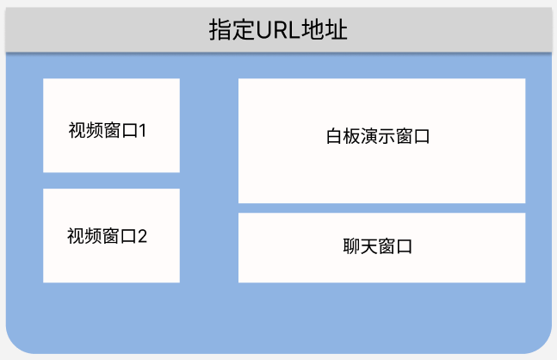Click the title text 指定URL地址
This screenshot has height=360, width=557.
click(278, 30)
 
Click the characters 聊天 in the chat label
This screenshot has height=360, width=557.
click(360, 246)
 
